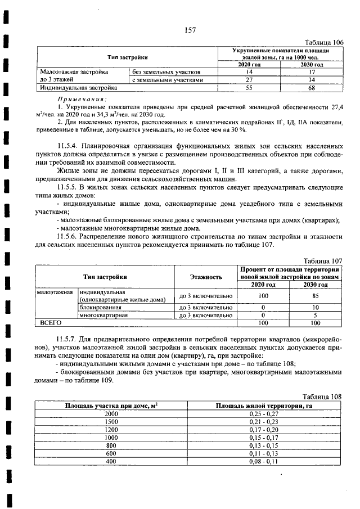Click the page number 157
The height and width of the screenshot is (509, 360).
188,30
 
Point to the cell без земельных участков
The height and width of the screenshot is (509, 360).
165,73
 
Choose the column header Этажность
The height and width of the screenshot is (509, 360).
205,277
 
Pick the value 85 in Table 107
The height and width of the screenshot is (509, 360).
315,295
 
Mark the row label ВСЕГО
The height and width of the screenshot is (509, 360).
49,323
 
